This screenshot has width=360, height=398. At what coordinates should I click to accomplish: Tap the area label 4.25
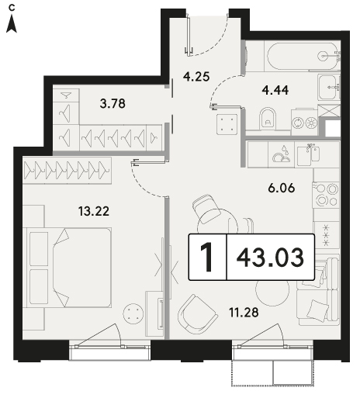196,77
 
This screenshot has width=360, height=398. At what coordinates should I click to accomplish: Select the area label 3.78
112,104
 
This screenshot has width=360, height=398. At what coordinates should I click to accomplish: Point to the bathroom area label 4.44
275,91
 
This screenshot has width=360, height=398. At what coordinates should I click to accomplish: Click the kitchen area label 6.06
282,188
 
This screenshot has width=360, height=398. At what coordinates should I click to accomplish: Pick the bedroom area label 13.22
94,211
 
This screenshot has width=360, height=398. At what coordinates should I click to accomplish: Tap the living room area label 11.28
244,313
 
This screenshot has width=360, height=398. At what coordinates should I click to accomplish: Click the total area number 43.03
270,258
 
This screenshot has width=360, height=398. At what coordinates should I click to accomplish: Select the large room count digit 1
207,258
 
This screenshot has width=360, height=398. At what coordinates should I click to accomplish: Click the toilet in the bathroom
268,119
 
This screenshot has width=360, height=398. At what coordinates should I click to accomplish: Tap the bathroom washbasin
329,87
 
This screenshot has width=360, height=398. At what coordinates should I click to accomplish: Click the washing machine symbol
305,122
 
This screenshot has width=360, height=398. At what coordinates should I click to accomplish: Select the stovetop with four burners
326,195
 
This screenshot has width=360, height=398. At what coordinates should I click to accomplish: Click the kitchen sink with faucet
308,156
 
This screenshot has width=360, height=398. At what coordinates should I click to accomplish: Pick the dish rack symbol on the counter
282,155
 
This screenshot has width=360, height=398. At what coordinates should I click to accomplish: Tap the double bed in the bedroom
67,268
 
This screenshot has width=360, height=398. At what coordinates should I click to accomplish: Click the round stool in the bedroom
133,313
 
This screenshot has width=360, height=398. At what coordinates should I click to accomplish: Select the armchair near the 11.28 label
197,314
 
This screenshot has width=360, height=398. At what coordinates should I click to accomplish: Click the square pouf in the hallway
227,124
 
